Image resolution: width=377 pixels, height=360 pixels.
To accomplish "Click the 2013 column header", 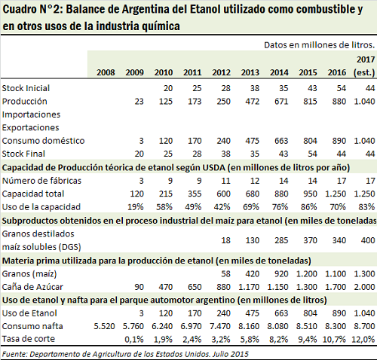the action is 250,72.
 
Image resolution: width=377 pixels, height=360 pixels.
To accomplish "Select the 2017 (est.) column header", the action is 365,66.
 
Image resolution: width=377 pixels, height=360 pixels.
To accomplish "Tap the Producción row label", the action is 25,101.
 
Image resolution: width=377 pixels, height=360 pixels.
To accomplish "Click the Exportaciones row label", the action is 31,127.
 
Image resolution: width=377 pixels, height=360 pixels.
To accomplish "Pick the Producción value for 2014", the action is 281,101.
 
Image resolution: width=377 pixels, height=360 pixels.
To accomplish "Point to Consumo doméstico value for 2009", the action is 141,141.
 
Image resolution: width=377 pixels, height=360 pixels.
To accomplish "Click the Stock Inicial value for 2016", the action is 342,88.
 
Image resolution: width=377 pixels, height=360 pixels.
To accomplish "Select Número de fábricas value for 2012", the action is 225,181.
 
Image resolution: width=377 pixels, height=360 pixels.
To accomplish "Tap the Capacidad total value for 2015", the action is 310,194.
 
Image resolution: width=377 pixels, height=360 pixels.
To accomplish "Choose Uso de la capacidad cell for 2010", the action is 164,207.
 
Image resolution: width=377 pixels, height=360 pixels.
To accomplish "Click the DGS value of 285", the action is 281,240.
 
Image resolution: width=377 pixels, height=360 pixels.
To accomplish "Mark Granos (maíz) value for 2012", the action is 225,273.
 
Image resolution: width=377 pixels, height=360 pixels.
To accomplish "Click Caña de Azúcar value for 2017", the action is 365,287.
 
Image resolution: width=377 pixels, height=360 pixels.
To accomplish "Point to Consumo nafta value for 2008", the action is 104,326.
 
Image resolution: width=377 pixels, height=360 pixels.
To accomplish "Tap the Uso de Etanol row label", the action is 29,313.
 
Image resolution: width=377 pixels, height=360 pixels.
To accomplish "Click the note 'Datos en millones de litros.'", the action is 320,45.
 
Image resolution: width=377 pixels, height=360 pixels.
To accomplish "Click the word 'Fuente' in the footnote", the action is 14,354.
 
